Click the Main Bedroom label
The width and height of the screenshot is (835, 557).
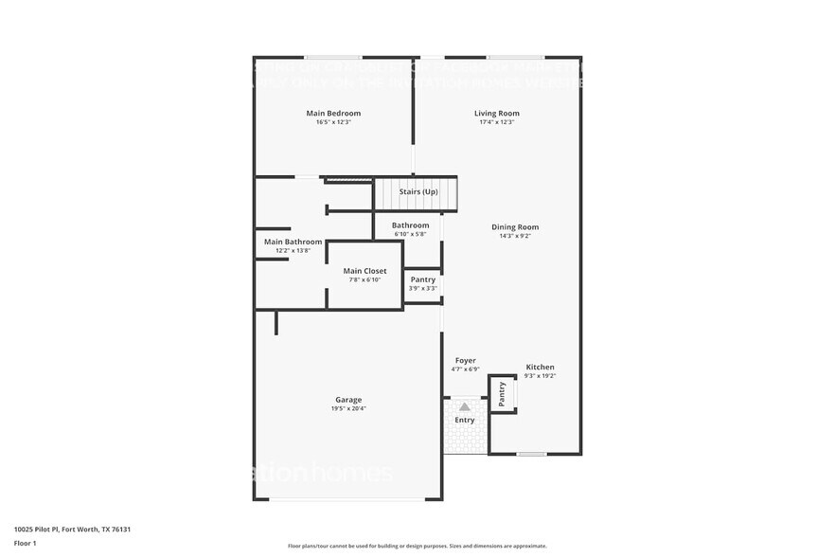pos(333,114)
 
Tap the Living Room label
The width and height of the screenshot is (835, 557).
pos(497,114)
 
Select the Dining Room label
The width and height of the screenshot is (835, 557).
pos(515,227)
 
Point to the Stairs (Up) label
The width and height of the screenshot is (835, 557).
pos(418,192)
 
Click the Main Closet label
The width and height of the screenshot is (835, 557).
pos(364,272)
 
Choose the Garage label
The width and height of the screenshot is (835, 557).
pos(348,400)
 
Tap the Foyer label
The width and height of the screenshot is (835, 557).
pos(466,361)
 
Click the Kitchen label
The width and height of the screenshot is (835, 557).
pos(541,368)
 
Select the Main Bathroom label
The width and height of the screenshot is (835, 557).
pos(293,243)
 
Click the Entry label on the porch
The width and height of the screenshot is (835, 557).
pos(465,421)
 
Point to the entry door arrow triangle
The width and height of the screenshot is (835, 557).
pos(465,406)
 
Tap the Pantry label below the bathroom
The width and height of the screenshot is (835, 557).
pos(423,279)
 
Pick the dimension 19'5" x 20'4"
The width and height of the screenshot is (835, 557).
pos(348,409)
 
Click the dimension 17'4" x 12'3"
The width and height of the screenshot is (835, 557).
pos(497,122)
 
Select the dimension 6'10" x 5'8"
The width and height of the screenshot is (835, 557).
pos(411,234)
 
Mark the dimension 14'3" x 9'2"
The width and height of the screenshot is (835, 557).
pos(515,236)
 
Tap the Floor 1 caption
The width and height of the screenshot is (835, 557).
pos(25,543)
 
